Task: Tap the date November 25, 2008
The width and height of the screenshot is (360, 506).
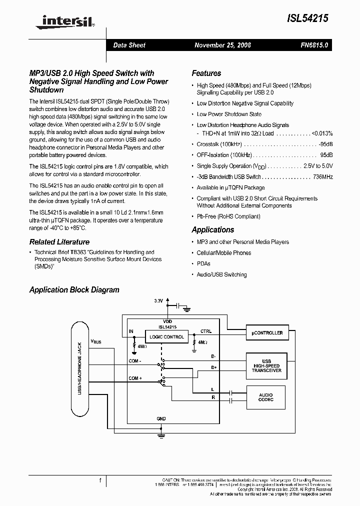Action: [222, 45]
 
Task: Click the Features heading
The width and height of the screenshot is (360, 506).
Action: [206, 73]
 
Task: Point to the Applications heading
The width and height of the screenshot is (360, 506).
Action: [212, 230]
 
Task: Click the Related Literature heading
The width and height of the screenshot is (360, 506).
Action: [59, 242]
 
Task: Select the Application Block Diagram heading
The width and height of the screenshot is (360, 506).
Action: [74, 290]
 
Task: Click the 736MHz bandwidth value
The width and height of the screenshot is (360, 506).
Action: [322, 177]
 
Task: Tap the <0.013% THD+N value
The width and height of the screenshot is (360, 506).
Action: [322, 133]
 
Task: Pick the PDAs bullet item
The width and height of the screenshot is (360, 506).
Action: [203, 263]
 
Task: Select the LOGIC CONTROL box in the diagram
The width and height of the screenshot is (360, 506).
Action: [164, 337]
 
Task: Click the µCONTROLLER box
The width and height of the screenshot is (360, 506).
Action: [266, 332]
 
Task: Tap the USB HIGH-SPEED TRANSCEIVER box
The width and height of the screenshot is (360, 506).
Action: [266, 366]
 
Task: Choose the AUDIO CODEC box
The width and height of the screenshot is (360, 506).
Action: [266, 397]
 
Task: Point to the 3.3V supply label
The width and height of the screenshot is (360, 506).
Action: [158, 301]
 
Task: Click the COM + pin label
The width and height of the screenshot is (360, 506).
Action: [135, 378]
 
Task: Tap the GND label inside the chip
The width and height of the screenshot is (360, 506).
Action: [160, 418]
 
